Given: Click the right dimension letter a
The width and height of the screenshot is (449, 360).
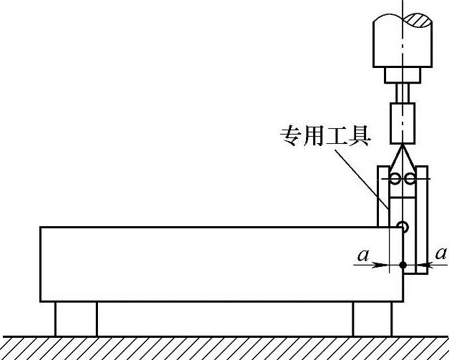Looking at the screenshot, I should point(441,253).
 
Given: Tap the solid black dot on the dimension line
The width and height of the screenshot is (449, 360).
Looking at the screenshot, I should point(403,266).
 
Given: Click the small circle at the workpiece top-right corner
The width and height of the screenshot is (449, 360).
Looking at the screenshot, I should point(403,228).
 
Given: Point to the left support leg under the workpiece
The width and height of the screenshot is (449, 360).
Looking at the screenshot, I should point(77,318).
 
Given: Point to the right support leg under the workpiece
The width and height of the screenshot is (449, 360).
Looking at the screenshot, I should point(372,318).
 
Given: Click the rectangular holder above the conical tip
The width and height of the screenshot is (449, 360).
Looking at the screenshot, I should point(403,122).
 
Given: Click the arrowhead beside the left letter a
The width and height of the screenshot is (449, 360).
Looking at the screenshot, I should point(383,266).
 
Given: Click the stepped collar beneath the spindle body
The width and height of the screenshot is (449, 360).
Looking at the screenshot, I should point(403,74).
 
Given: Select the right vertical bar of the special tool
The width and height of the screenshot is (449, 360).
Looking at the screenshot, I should point(423,222).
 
